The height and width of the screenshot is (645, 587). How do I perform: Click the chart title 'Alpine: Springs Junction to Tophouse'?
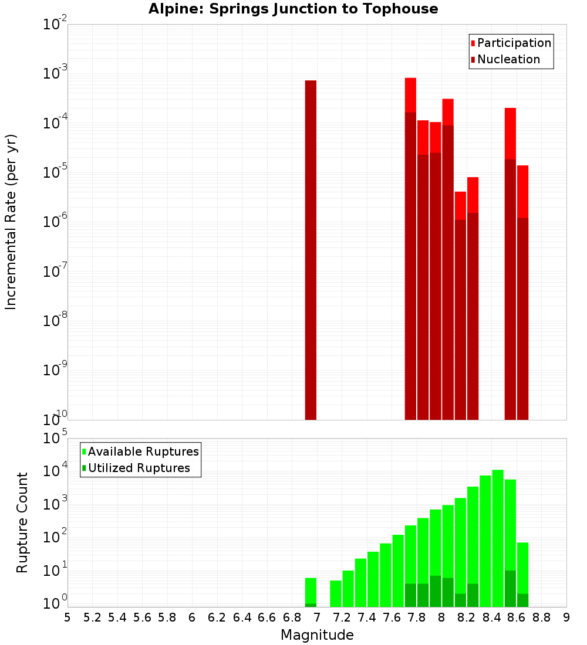click(x=293, y=9)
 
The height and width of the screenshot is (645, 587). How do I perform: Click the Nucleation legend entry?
click(x=508, y=59)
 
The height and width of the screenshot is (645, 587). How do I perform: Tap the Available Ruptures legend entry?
click(x=143, y=451)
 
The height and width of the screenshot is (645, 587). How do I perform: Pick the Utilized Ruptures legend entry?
click(x=139, y=468)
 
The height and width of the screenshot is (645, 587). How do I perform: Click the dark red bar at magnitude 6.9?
click(x=311, y=249)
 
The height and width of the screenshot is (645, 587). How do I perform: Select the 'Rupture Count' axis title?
click(x=22, y=522)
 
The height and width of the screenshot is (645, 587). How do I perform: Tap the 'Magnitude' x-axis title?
click(x=317, y=635)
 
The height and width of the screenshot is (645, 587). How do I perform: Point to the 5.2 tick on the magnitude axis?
click(x=92, y=617)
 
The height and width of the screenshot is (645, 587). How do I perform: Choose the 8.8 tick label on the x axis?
click(x=542, y=617)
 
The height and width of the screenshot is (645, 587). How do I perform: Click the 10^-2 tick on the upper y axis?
click(x=55, y=25)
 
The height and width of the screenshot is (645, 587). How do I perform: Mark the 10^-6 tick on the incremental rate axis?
click(x=55, y=222)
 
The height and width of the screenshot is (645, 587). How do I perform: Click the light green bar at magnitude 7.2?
click(x=348, y=588)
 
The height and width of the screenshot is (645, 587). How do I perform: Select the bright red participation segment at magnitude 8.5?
click(x=510, y=133)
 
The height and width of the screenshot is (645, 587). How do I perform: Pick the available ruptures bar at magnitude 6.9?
click(x=311, y=589)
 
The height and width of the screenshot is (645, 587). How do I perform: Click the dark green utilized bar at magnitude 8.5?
click(x=510, y=588)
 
